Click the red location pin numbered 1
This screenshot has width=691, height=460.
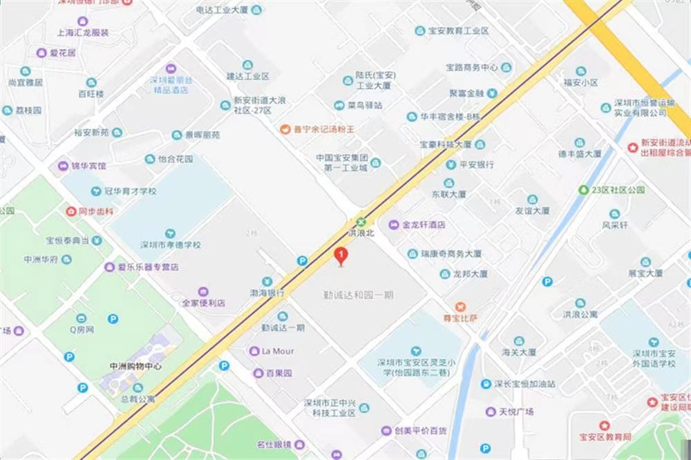(x=340, y=256)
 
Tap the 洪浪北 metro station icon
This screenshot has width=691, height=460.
(x=361, y=222)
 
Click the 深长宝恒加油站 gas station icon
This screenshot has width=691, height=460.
(x=486, y=384)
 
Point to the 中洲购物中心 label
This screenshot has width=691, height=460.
(x=135, y=367)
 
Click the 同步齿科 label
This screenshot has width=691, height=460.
(x=95, y=211)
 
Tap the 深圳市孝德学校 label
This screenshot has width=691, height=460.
(x=171, y=245)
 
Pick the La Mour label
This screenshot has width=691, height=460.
(x=278, y=351)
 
